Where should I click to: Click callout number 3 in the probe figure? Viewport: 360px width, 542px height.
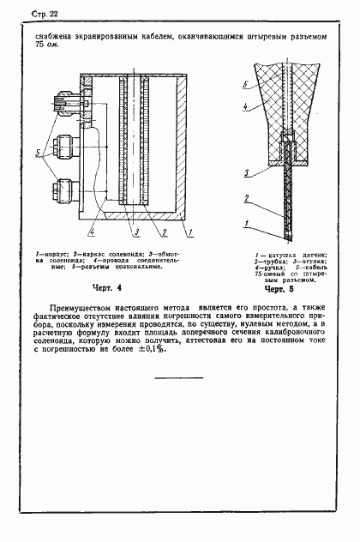click(246, 174)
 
